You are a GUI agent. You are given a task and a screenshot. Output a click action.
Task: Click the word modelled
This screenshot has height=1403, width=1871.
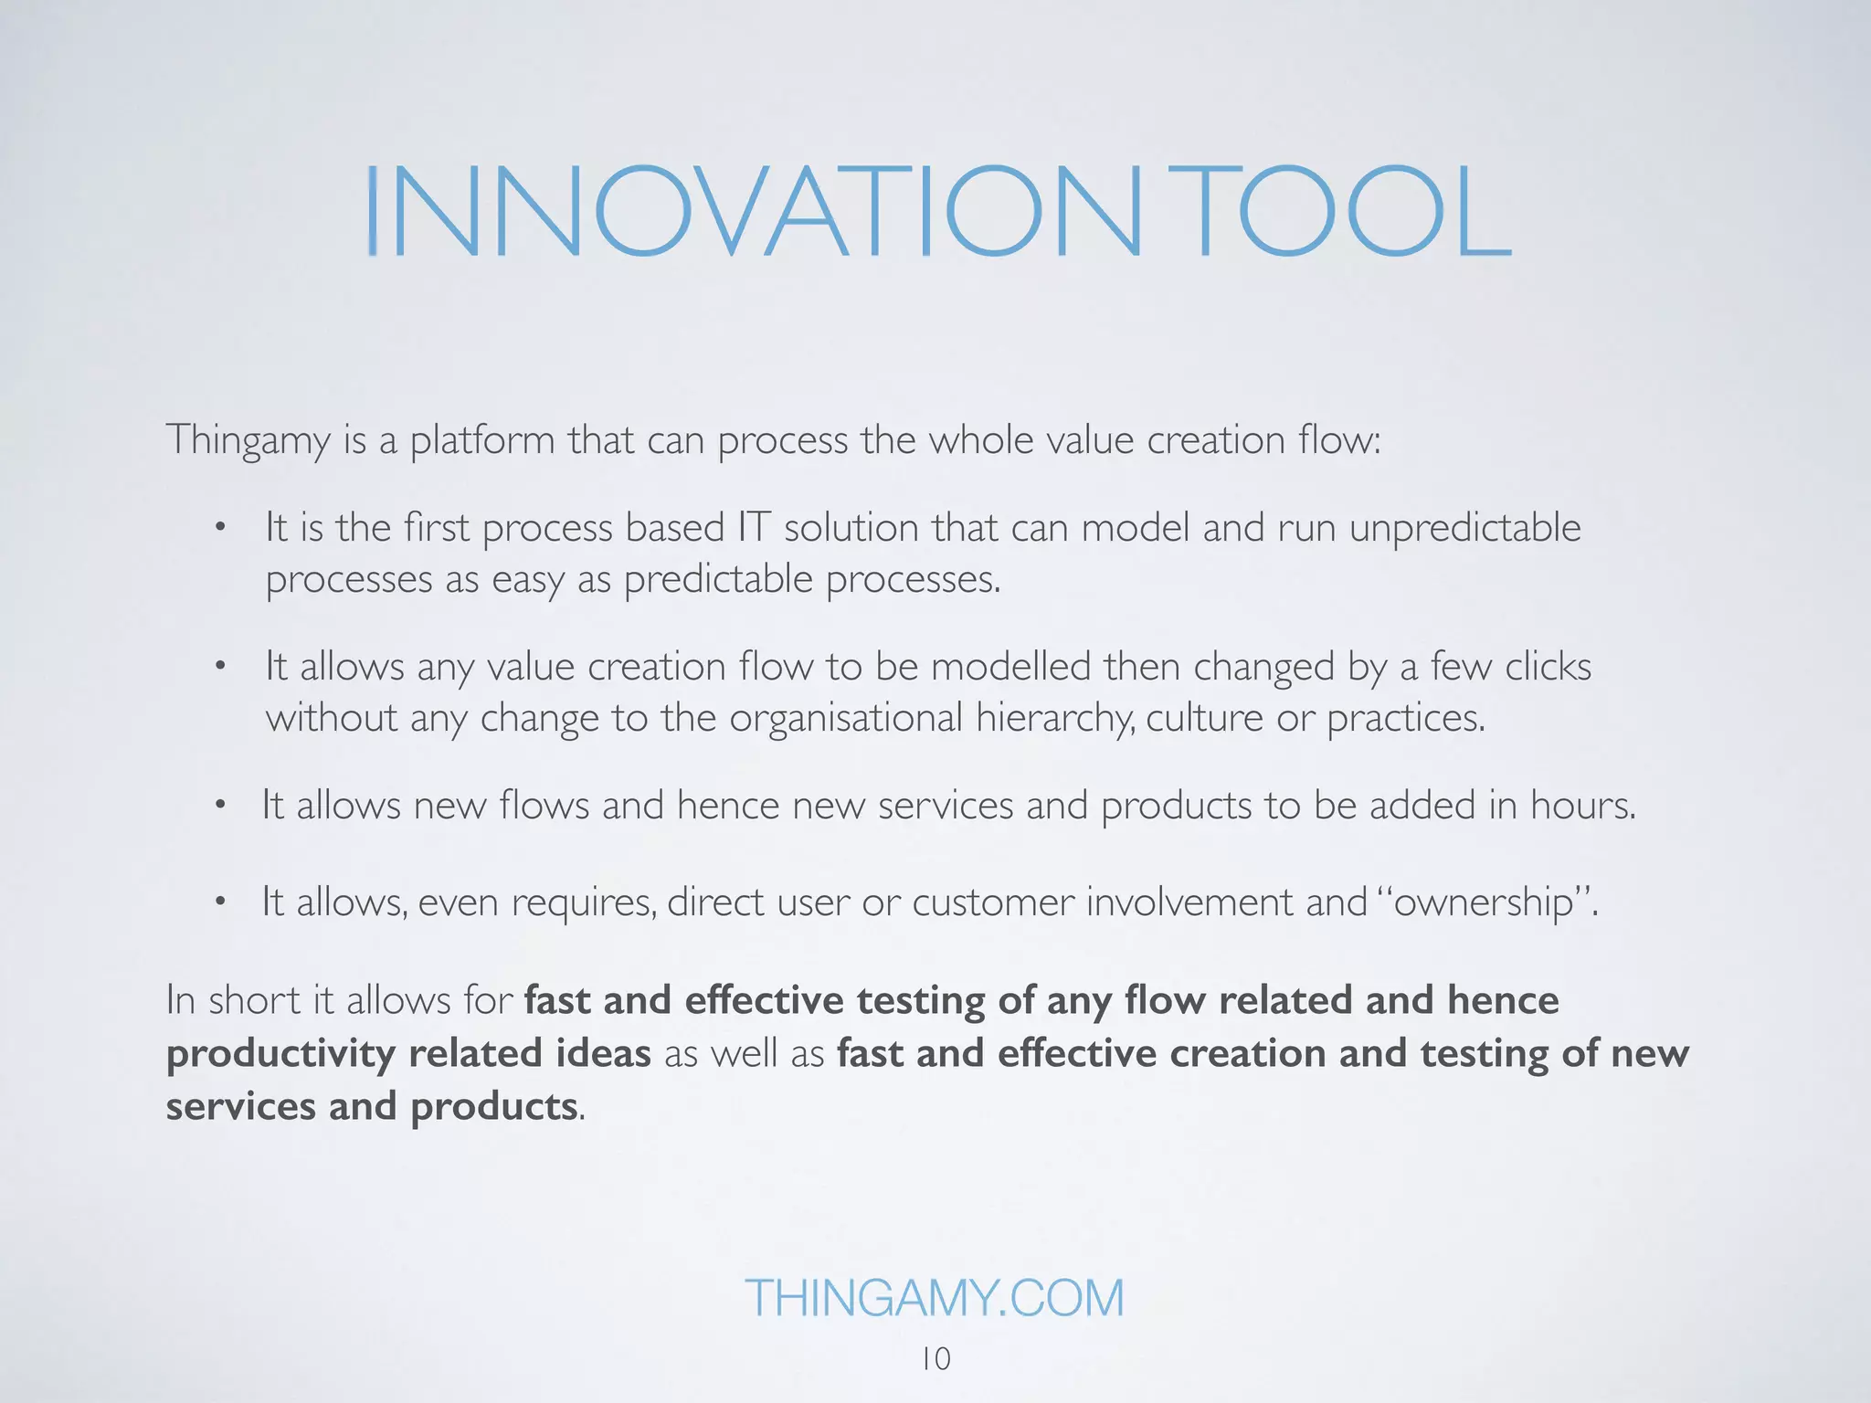[1010, 667]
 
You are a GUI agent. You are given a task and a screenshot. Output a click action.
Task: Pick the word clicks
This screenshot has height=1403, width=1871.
[1548, 667]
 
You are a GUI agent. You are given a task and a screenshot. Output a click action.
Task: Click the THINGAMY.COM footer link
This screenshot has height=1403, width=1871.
[934, 1298]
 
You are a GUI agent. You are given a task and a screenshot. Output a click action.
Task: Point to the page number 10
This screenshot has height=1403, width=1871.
[935, 1359]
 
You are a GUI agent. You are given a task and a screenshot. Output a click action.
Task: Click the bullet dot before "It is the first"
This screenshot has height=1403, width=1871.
[219, 528]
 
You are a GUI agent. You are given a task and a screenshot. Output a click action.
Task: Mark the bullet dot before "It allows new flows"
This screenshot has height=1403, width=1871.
[219, 806]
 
